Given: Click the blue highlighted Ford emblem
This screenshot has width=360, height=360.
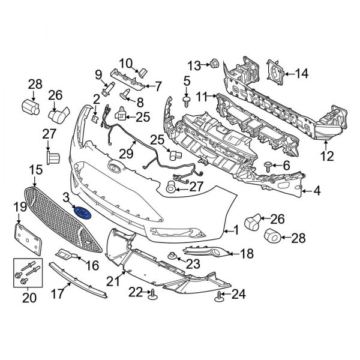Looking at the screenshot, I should tap(81, 213).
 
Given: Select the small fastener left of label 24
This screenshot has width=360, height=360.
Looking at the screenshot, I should tap(220, 294).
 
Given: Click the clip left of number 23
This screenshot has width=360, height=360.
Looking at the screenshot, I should tap(173, 257).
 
